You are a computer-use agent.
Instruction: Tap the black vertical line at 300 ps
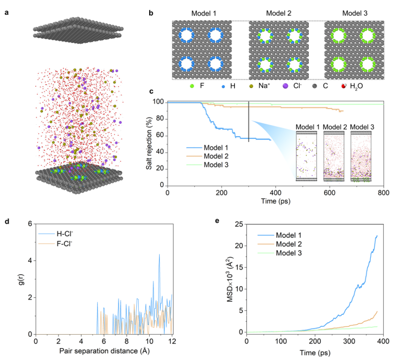pyautogui.click(x=248, y=121)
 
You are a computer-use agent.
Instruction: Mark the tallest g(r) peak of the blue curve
pyautogui.click(x=159, y=255)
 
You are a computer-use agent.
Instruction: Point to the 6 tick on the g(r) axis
pyautogui.click(x=29, y=223)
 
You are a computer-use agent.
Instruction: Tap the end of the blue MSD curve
pyautogui.click(x=377, y=236)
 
